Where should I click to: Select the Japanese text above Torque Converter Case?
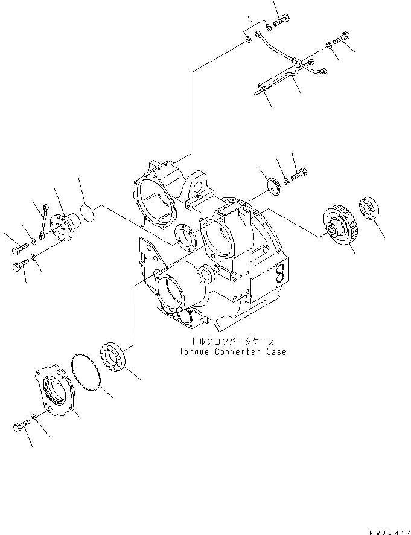pos(232,341)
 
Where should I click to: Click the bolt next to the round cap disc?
pos(299,176)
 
